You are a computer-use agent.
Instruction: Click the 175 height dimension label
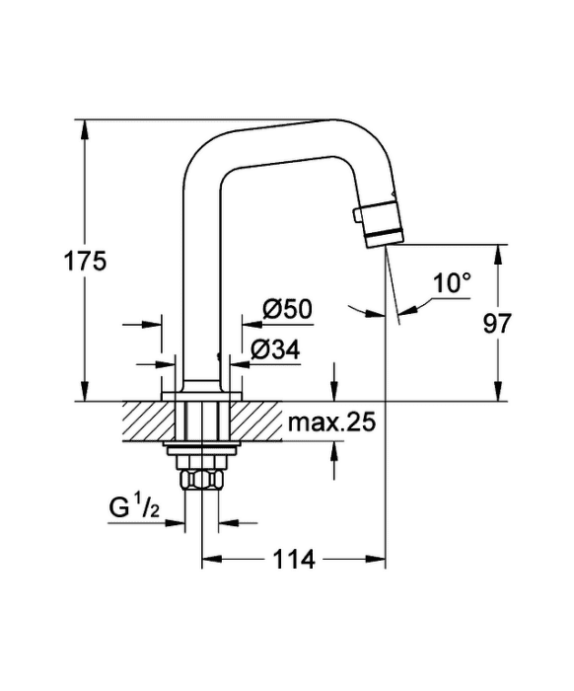86,261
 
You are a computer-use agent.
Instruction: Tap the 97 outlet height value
497,324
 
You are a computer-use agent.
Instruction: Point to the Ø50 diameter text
287,309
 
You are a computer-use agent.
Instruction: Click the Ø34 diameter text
275,349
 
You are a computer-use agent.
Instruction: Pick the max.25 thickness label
332,422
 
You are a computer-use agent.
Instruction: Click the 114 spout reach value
294,560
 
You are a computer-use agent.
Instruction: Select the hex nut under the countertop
202,479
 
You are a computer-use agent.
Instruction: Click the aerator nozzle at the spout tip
382,224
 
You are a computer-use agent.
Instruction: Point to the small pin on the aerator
357,216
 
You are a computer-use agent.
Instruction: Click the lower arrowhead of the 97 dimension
498,391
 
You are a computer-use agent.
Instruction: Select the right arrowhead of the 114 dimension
376,560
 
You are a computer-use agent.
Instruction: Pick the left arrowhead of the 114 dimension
212,560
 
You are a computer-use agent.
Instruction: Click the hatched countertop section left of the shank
150,421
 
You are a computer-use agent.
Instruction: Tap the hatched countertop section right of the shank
254,421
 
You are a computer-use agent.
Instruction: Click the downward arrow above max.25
334,382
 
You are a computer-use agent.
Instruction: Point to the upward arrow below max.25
334,460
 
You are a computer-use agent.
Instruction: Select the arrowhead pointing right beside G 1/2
175,523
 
